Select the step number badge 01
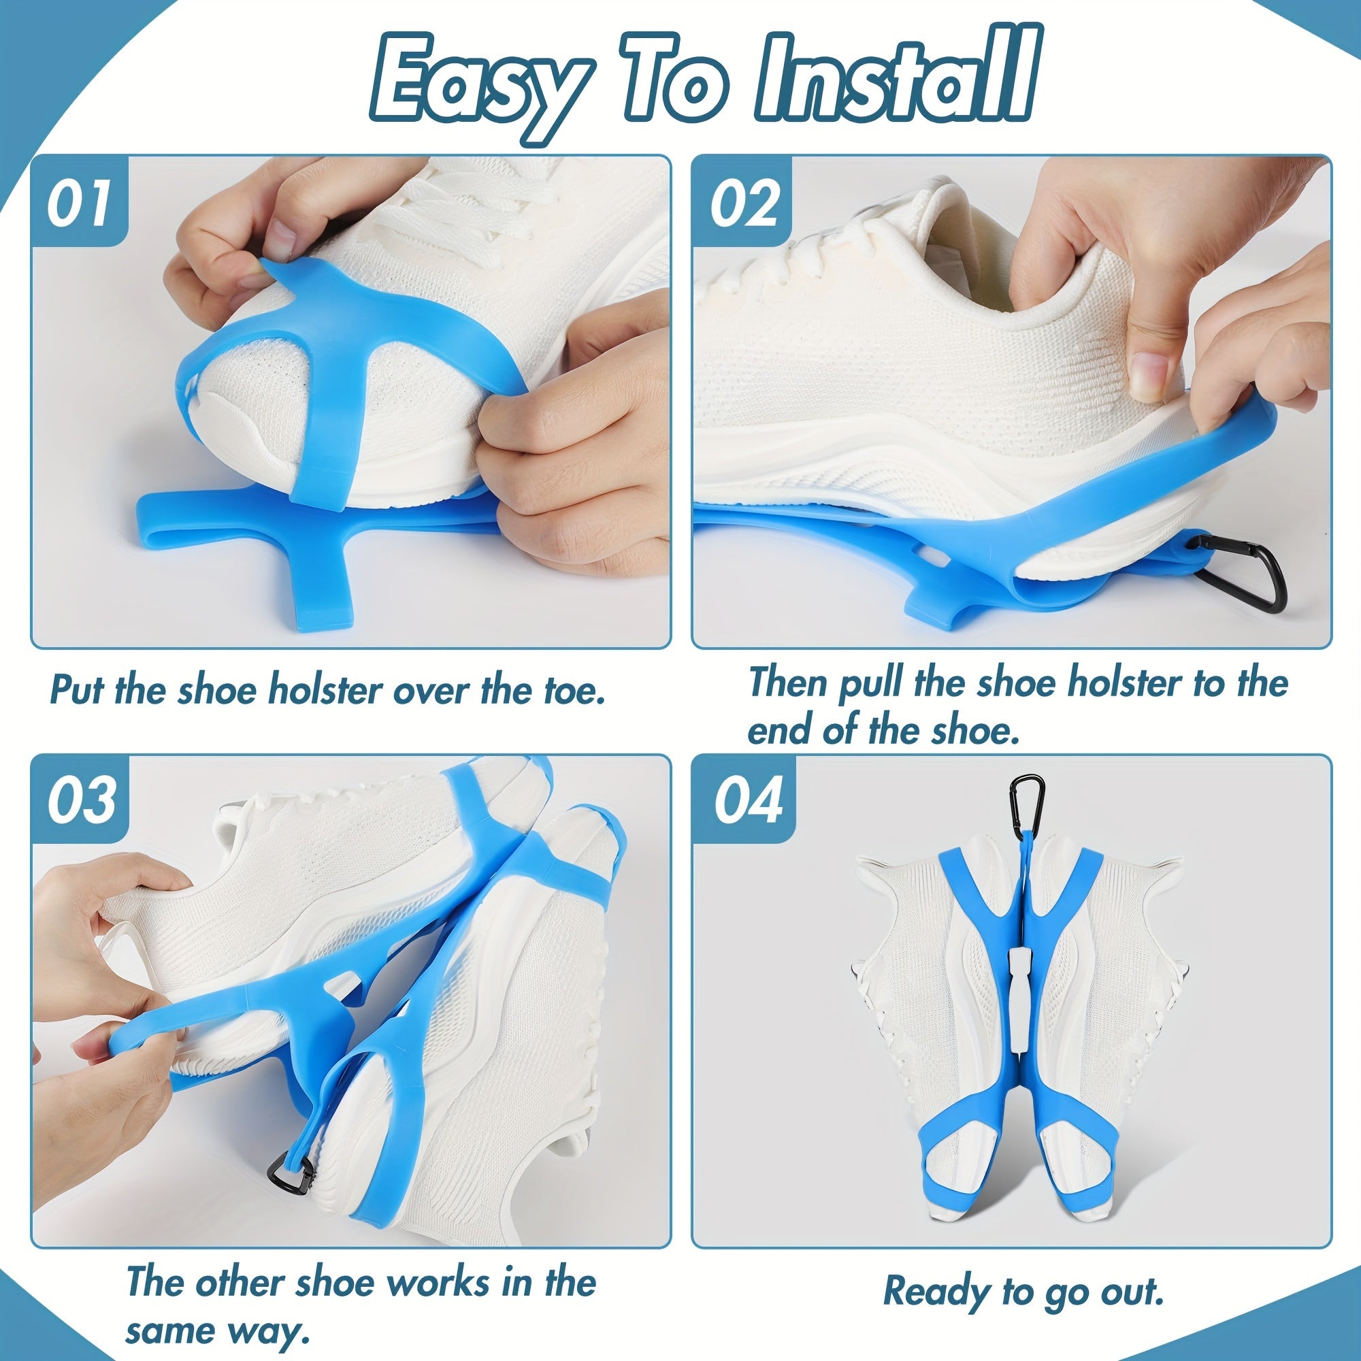click(x=79, y=202)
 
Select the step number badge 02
click(x=744, y=202)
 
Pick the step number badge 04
click(x=747, y=801)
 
